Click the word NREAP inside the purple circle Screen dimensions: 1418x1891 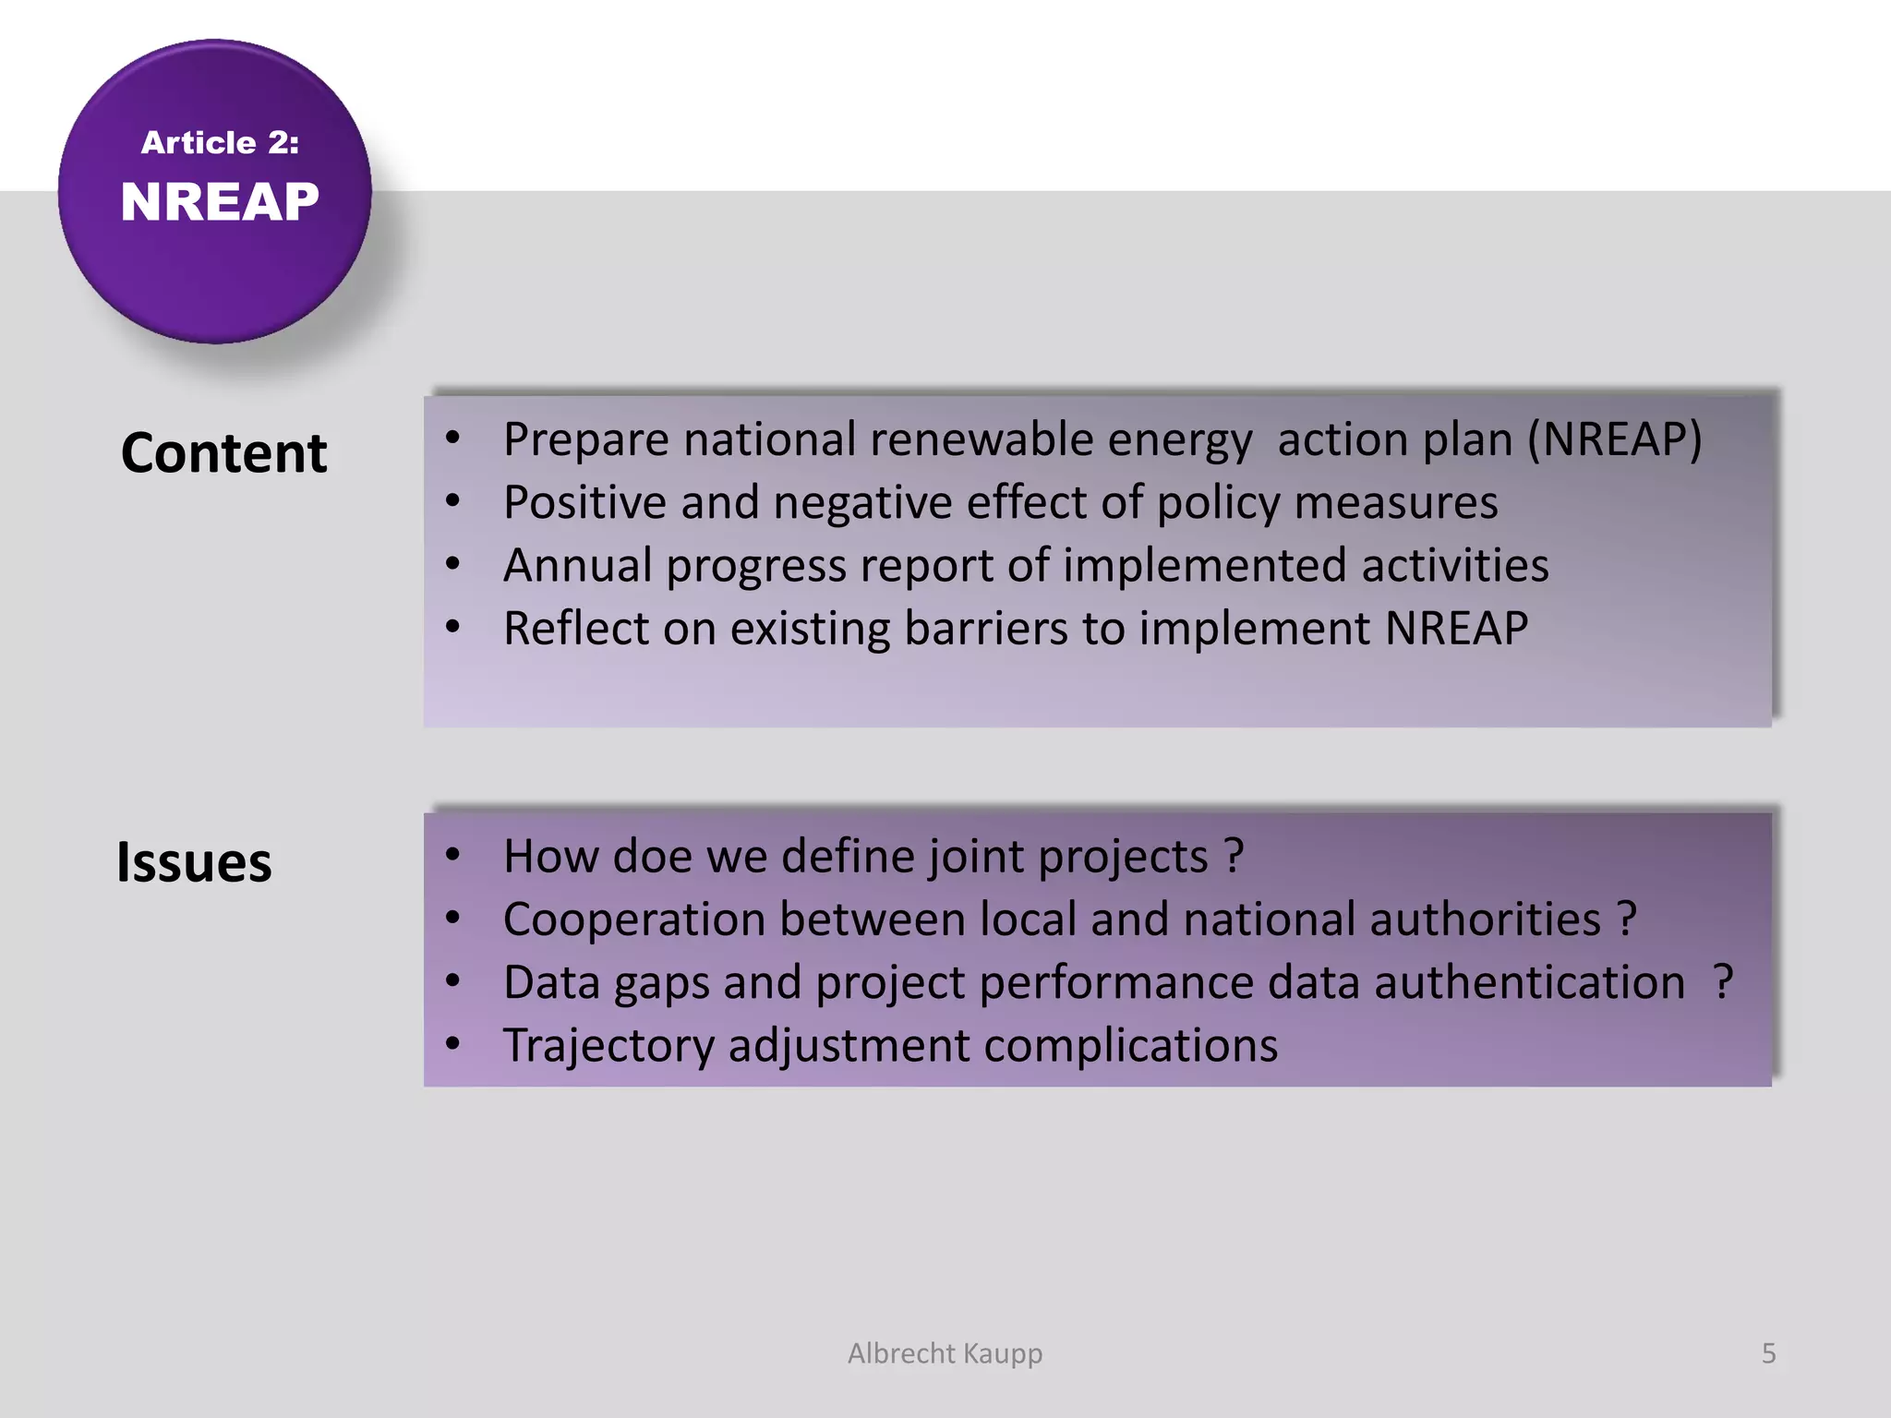coord(220,202)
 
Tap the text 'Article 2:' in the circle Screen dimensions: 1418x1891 coord(220,142)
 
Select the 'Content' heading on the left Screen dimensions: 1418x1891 coord(223,453)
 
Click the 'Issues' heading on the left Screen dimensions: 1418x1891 coord(194,862)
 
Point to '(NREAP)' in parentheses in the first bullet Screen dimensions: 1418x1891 coord(1614,439)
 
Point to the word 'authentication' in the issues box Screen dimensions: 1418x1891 coord(1529,982)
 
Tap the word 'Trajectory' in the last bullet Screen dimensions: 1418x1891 coord(608,1046)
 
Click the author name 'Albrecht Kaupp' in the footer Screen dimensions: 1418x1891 coord(945,1353)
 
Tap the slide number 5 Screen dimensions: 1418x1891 coord(1768,1353)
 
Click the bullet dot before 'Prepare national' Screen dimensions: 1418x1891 coord(452,438)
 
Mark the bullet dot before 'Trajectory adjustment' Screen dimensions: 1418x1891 coord(452,1044)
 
